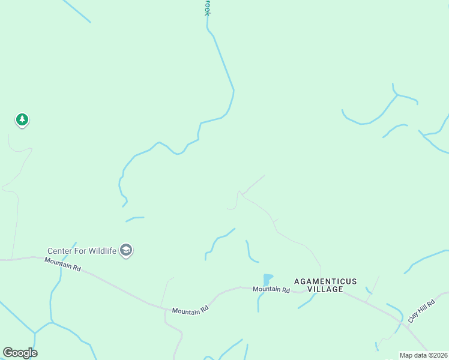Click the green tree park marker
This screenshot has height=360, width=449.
(x=22, y=120)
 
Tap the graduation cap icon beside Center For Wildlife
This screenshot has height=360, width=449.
(x=126, y=250)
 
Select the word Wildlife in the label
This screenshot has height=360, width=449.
(x=101, y=251)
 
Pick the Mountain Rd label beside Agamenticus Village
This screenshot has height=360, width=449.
(x=271, y=290)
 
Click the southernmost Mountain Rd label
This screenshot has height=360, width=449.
(x=190, y=310)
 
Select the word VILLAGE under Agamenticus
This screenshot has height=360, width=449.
(x=325, y=289)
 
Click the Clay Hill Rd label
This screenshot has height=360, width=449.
(x=421, y=308)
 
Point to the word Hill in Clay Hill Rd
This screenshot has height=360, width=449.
(x=422, y=307)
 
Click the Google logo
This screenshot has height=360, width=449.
(x=20, y=353)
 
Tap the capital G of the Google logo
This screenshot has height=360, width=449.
(x=8, y=353)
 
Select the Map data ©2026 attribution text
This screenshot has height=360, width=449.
(x=423, y=355)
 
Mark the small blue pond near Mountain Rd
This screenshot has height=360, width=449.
(x=268, y=280)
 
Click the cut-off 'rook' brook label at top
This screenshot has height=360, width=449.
(x=208, y=7)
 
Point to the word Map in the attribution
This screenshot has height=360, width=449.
(x=406, y=355)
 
